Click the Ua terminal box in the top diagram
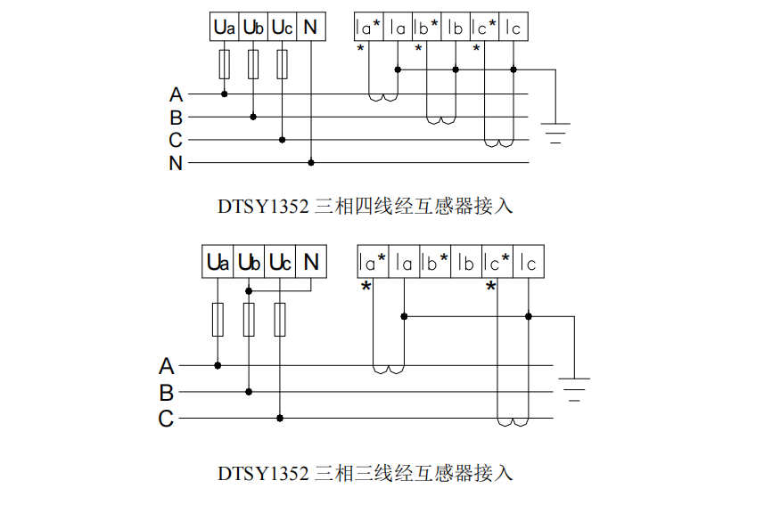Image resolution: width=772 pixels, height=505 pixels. pos(224,28)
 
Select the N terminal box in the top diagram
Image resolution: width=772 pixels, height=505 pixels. pos(310,28)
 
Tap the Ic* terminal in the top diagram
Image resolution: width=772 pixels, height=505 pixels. pos(484,28)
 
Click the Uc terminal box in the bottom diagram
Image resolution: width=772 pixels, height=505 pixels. pos(280,263)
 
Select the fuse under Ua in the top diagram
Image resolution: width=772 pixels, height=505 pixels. pos(224,64)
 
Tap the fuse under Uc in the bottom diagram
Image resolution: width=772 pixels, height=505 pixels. pos(280,319)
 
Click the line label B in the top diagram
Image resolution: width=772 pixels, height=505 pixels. pos(176,118)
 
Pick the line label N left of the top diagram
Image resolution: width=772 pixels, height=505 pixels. pos(176,163)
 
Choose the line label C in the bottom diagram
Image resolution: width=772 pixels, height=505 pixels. pos(166,419)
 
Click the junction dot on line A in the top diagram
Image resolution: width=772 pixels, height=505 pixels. pos(224,94)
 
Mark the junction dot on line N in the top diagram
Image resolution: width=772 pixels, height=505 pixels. pos(311,163)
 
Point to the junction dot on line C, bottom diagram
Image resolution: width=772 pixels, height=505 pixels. pos(280,418)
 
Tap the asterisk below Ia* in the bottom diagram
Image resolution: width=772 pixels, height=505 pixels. pos(365,287)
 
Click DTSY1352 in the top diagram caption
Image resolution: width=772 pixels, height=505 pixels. pos(264,207)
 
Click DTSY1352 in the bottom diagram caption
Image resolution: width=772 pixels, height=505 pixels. pos(264,473)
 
